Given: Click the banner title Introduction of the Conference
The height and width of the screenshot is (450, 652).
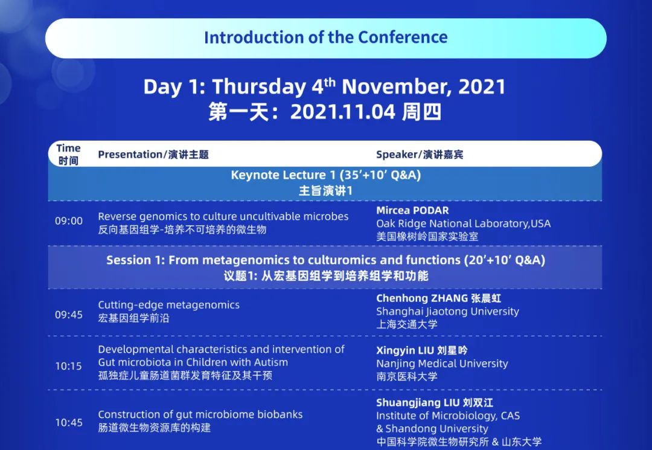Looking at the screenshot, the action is point(325,37).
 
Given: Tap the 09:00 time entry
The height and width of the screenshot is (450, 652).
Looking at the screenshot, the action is point(69,221).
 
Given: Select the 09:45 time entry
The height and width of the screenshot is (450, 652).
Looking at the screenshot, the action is point(69,315).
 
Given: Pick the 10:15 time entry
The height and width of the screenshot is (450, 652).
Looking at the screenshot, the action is point(69,367).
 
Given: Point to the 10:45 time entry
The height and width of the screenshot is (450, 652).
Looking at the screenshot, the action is point(69,423).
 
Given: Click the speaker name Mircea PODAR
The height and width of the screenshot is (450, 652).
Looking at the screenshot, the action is point(412,210).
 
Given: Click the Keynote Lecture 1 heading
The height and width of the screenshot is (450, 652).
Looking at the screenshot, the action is point(325,175).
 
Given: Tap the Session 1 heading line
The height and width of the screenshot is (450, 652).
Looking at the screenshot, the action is point(325,260).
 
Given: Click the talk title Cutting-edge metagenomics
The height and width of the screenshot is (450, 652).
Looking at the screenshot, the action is point(169,305).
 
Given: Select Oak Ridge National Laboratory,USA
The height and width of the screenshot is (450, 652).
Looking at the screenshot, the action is point(463,223).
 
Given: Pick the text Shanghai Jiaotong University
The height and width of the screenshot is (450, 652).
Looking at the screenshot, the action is point(447,312).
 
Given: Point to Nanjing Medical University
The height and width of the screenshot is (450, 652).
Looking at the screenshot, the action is point(442,364).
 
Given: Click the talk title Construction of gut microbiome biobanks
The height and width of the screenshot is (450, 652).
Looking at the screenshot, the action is point(200,414).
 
